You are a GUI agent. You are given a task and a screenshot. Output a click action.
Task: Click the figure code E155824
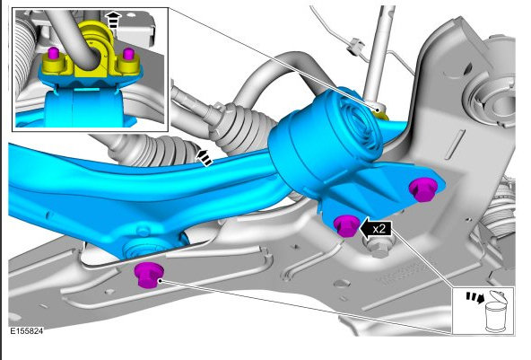click(x=26, y=331)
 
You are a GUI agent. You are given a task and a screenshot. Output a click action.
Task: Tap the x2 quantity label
click(x=379, y=229)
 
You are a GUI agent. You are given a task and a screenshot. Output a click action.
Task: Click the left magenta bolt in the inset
click(x=53, y=53)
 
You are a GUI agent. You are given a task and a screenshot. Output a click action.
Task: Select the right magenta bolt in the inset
click(x=128, y=54)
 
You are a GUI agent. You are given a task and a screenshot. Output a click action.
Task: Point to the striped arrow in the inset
click(x=113, y=21)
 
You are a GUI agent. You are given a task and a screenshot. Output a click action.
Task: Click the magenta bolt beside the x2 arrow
click(x=346, y=225)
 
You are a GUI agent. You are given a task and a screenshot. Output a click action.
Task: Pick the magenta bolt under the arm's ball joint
click(x=149, y=275)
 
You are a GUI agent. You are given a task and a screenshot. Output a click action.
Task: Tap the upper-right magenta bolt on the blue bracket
click(x=423, y=189)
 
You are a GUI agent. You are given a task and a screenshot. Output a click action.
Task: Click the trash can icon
click(x=495, y=312)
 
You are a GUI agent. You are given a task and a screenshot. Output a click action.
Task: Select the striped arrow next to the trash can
click(x=475, y=297)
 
